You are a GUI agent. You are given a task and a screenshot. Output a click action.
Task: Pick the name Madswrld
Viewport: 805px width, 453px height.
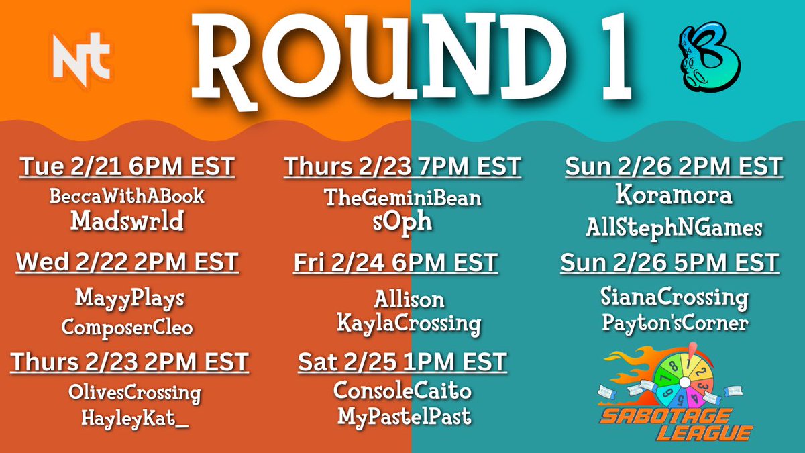click(x=127, y=222)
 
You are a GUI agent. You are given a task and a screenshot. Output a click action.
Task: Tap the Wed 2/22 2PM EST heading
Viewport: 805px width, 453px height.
click(x=127, y=262)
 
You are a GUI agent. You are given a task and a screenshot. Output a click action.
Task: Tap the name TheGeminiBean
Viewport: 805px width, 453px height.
click(x=402, y=198)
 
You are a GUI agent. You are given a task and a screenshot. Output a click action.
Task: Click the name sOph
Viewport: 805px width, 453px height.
click(x=402, y=222)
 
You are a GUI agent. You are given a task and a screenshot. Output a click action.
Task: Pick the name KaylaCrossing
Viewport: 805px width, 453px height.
click(x=409, y=325)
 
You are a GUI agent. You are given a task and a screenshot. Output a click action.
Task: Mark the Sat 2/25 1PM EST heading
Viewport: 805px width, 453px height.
click(x=402, y=363)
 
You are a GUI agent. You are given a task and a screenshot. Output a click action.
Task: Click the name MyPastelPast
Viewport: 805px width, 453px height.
click(x=404, y=417)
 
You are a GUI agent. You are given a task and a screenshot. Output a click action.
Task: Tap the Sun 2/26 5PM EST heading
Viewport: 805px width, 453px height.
click(x=669, y=262)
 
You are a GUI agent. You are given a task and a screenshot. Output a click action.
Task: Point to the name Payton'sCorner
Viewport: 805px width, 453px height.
click(x=675, y=323)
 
